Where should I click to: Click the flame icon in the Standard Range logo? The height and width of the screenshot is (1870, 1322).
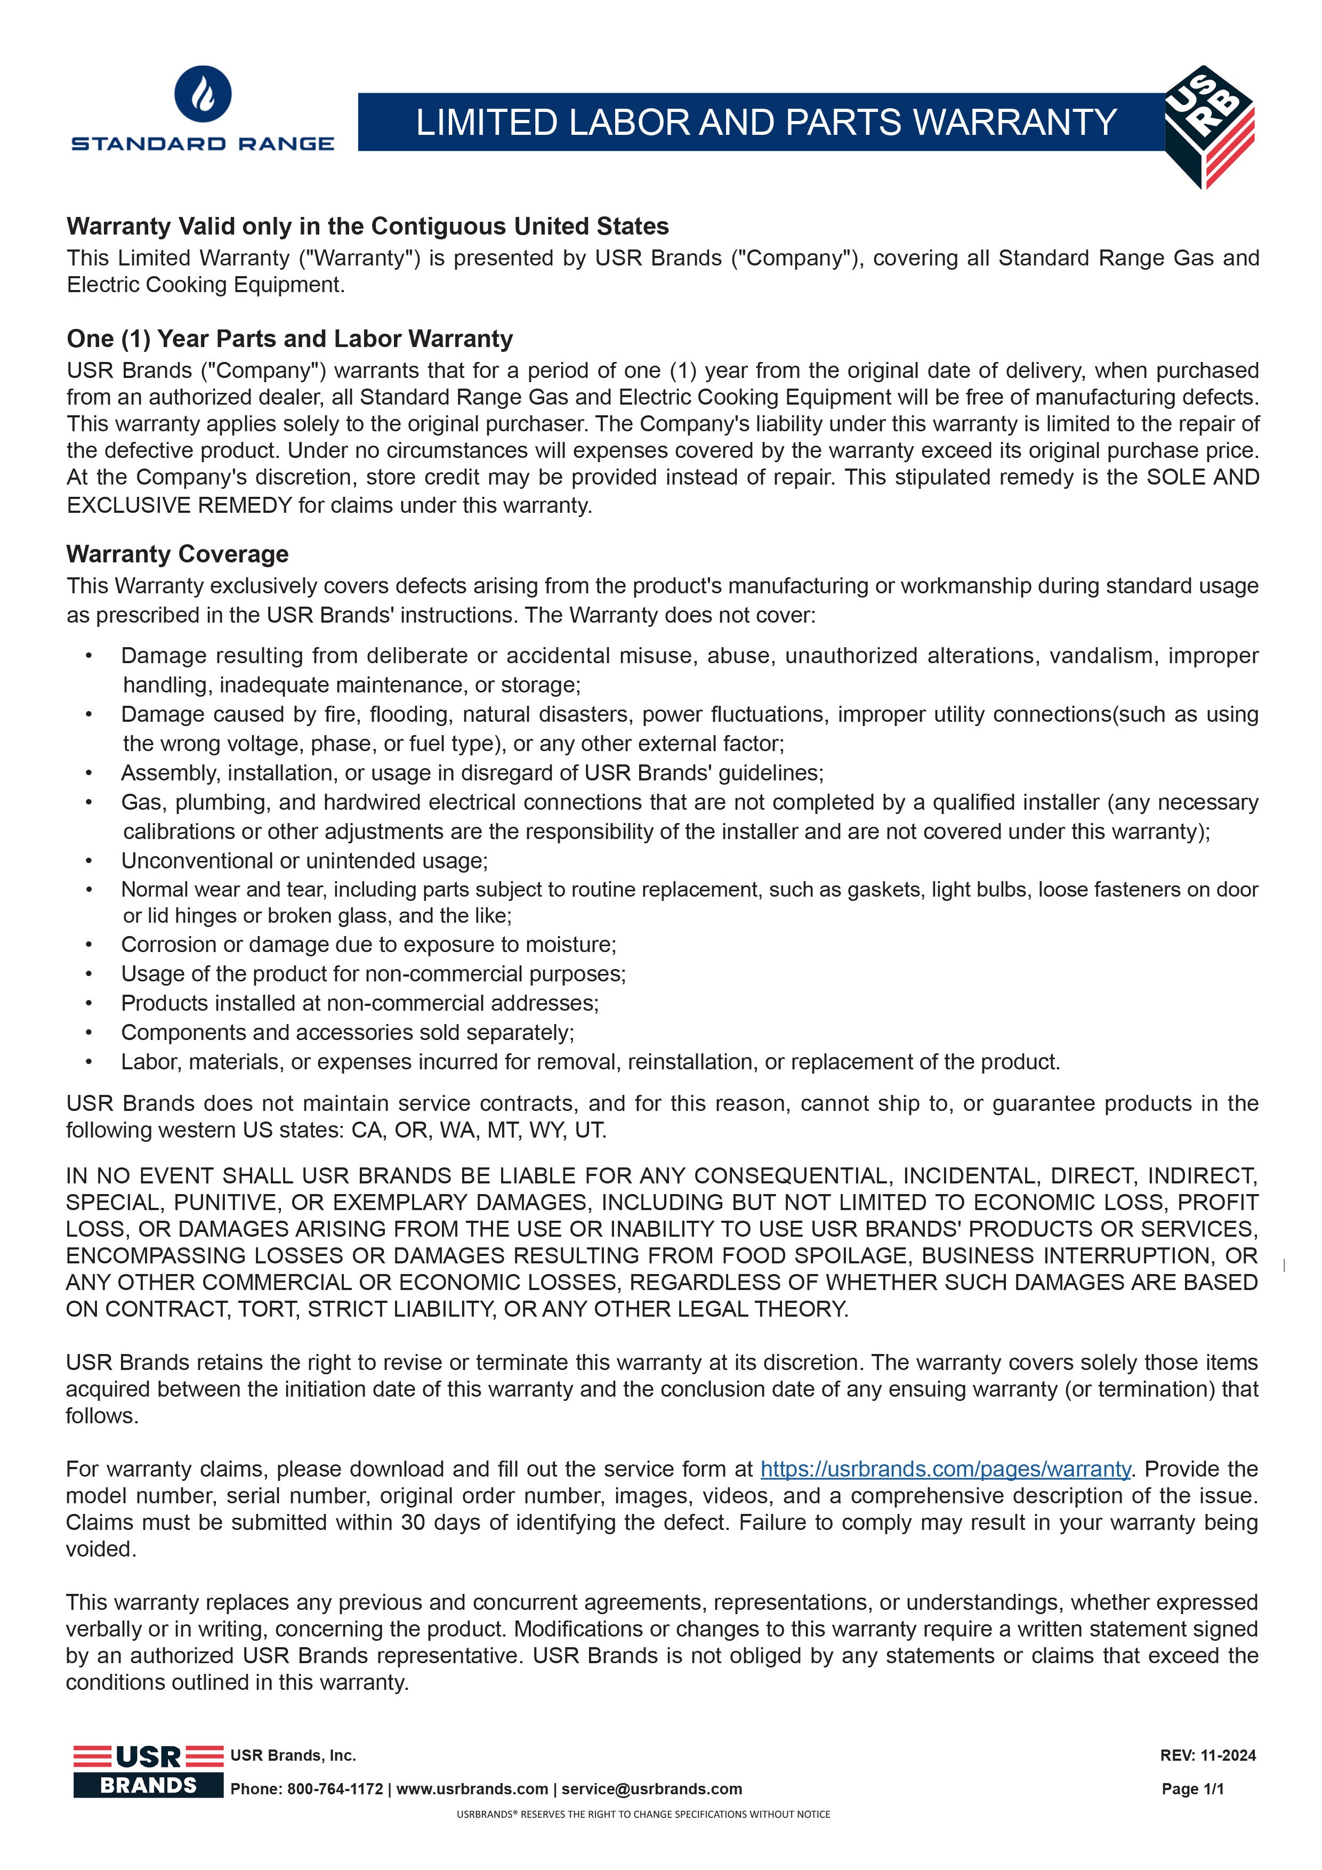(x=203, y=94)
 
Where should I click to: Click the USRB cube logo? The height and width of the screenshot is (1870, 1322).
(x=1209, y=126)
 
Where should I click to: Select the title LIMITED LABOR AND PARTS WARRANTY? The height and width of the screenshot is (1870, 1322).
(x=765, y=122)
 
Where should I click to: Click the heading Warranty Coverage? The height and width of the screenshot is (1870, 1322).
(x=178, y=554)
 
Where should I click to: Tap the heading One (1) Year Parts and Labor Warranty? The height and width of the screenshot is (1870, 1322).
(x=290, y=339)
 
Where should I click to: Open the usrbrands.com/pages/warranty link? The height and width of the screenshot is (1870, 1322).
(x=945, y=1469)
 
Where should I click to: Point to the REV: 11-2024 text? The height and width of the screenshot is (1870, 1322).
(x=1208, y=1755)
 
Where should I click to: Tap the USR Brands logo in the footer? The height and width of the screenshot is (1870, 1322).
(x=148, y=1771)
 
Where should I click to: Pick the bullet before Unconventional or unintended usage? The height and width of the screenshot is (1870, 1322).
(x=89, y=861)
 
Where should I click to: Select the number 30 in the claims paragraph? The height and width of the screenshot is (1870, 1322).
(x=414, y=1522)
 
